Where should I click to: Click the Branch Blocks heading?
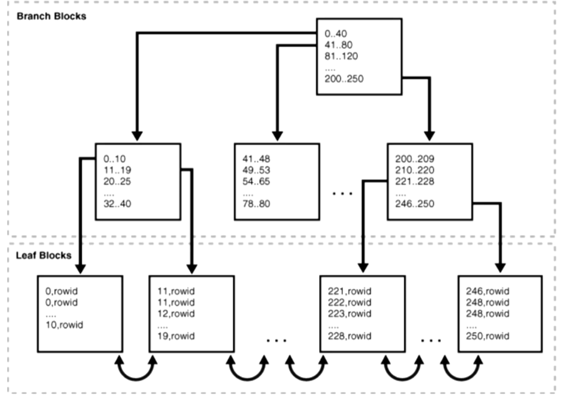(x=51, y=16)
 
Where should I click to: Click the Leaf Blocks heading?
(x=44, y=255)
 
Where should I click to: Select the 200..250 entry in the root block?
(x=344, y=79)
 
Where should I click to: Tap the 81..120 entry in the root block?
(x=341, y=56)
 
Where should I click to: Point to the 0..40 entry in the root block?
(x=335, y=33)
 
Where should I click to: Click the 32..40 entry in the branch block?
(x=117, y=204)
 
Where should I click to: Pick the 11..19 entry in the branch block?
(x=117, y=170)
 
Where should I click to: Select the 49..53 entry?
(x=256, y=170)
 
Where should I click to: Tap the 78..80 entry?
(x=256, y=204)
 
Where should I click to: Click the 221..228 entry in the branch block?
(x=414, y=181)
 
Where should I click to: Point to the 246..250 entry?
(x=414, y=204)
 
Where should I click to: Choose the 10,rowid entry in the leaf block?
(x=64, y=324)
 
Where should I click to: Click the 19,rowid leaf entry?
(x=176, y=336)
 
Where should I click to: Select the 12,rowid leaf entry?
(x=176, y=313)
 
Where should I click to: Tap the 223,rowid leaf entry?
(x=349, y=313)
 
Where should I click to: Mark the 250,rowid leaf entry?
(x=488, y=336)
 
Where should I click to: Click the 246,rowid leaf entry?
(x=488, y=291)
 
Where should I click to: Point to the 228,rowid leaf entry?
(x=349, y=336)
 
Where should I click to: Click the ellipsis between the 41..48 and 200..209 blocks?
(x=342, y=194)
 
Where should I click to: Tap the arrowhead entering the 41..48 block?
(x=277, y=136)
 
